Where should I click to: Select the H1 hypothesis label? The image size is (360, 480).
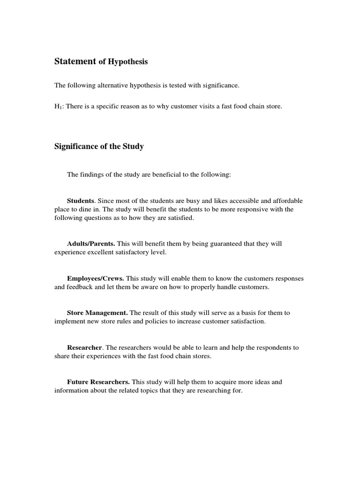58,107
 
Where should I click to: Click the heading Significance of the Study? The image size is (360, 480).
99,147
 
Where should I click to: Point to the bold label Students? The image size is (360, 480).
81,201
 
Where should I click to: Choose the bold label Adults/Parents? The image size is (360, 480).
91,244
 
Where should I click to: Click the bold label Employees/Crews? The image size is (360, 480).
95,278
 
